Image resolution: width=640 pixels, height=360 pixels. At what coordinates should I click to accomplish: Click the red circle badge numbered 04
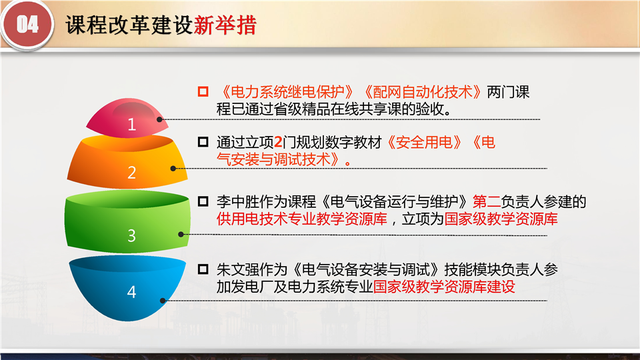coord(27,25)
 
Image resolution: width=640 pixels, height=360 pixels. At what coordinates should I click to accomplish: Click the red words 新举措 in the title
coord(225,25)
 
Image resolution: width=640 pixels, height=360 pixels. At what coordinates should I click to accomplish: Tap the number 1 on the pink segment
coord(131,124)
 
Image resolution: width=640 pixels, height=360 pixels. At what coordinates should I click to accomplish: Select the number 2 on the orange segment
coord(131,173)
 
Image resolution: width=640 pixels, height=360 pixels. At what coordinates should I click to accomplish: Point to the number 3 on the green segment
coord(131,235)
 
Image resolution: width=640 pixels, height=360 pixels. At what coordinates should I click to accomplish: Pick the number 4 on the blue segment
coord(131,292)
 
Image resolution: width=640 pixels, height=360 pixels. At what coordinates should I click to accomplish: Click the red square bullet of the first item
coord(203,91)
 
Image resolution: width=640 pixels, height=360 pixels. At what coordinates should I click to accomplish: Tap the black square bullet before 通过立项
coord(203,141)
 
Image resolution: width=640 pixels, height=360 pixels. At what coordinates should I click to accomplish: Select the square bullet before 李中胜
coord(203,201)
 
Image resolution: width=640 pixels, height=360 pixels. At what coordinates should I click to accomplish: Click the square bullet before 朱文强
coord(203,269)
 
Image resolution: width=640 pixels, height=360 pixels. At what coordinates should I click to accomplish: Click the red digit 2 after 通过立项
coord(279,143)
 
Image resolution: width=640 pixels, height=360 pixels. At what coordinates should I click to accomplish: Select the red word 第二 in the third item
coord(487,201)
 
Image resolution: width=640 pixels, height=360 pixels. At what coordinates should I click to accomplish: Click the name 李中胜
coord(237,201)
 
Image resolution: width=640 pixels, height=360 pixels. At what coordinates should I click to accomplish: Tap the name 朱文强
coord(237,269)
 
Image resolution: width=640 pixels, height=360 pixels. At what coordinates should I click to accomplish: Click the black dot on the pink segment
coord(159,119)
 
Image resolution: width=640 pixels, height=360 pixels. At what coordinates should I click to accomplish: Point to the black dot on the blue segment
coord(163,301)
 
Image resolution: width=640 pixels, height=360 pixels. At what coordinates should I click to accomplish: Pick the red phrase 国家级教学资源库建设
coord(444,287)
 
